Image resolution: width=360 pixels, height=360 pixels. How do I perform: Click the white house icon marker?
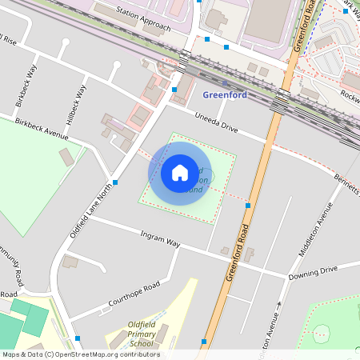click(180, 172)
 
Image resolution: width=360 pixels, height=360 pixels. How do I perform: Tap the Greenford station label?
click(225, 95)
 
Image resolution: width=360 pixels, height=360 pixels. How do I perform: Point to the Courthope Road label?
click(134, 296)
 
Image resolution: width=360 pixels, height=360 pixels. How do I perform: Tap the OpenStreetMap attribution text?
click(80, 354)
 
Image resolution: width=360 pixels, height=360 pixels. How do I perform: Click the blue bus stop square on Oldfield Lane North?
click(116, 183)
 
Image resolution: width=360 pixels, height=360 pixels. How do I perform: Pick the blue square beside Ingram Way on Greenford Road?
click(248, 206)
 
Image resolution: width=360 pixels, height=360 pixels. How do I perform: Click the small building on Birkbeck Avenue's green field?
click(67, 157)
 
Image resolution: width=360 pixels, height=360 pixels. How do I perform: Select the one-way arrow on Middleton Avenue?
click(280, 305)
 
